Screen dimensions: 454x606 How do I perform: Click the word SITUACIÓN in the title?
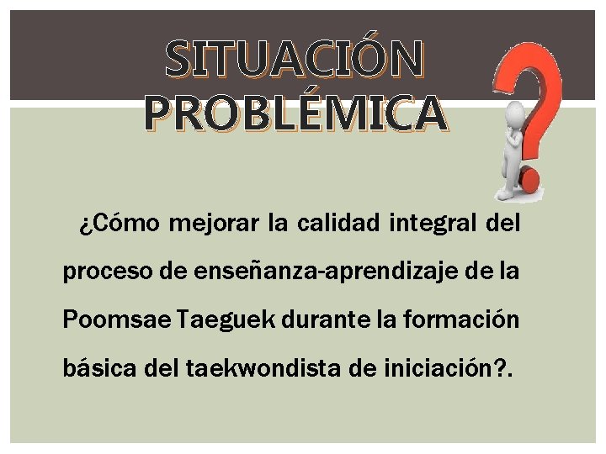tap(294, 59)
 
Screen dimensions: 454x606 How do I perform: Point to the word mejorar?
tap(214, 225)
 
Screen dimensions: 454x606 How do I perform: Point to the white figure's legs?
tap(508, 177)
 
